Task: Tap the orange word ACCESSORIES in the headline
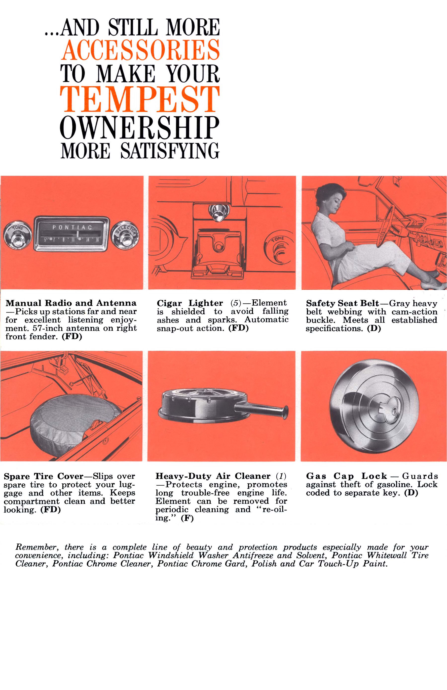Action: click(x=140, y=50)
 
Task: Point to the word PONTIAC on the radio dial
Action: click(x=72, y=227)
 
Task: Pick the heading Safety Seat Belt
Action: click(x=342, y=303)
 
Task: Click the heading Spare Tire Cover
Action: click(x=44, y=476)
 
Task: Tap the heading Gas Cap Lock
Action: click(x=346, y=476)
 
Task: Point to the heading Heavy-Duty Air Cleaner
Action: click(x=213, y=476)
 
